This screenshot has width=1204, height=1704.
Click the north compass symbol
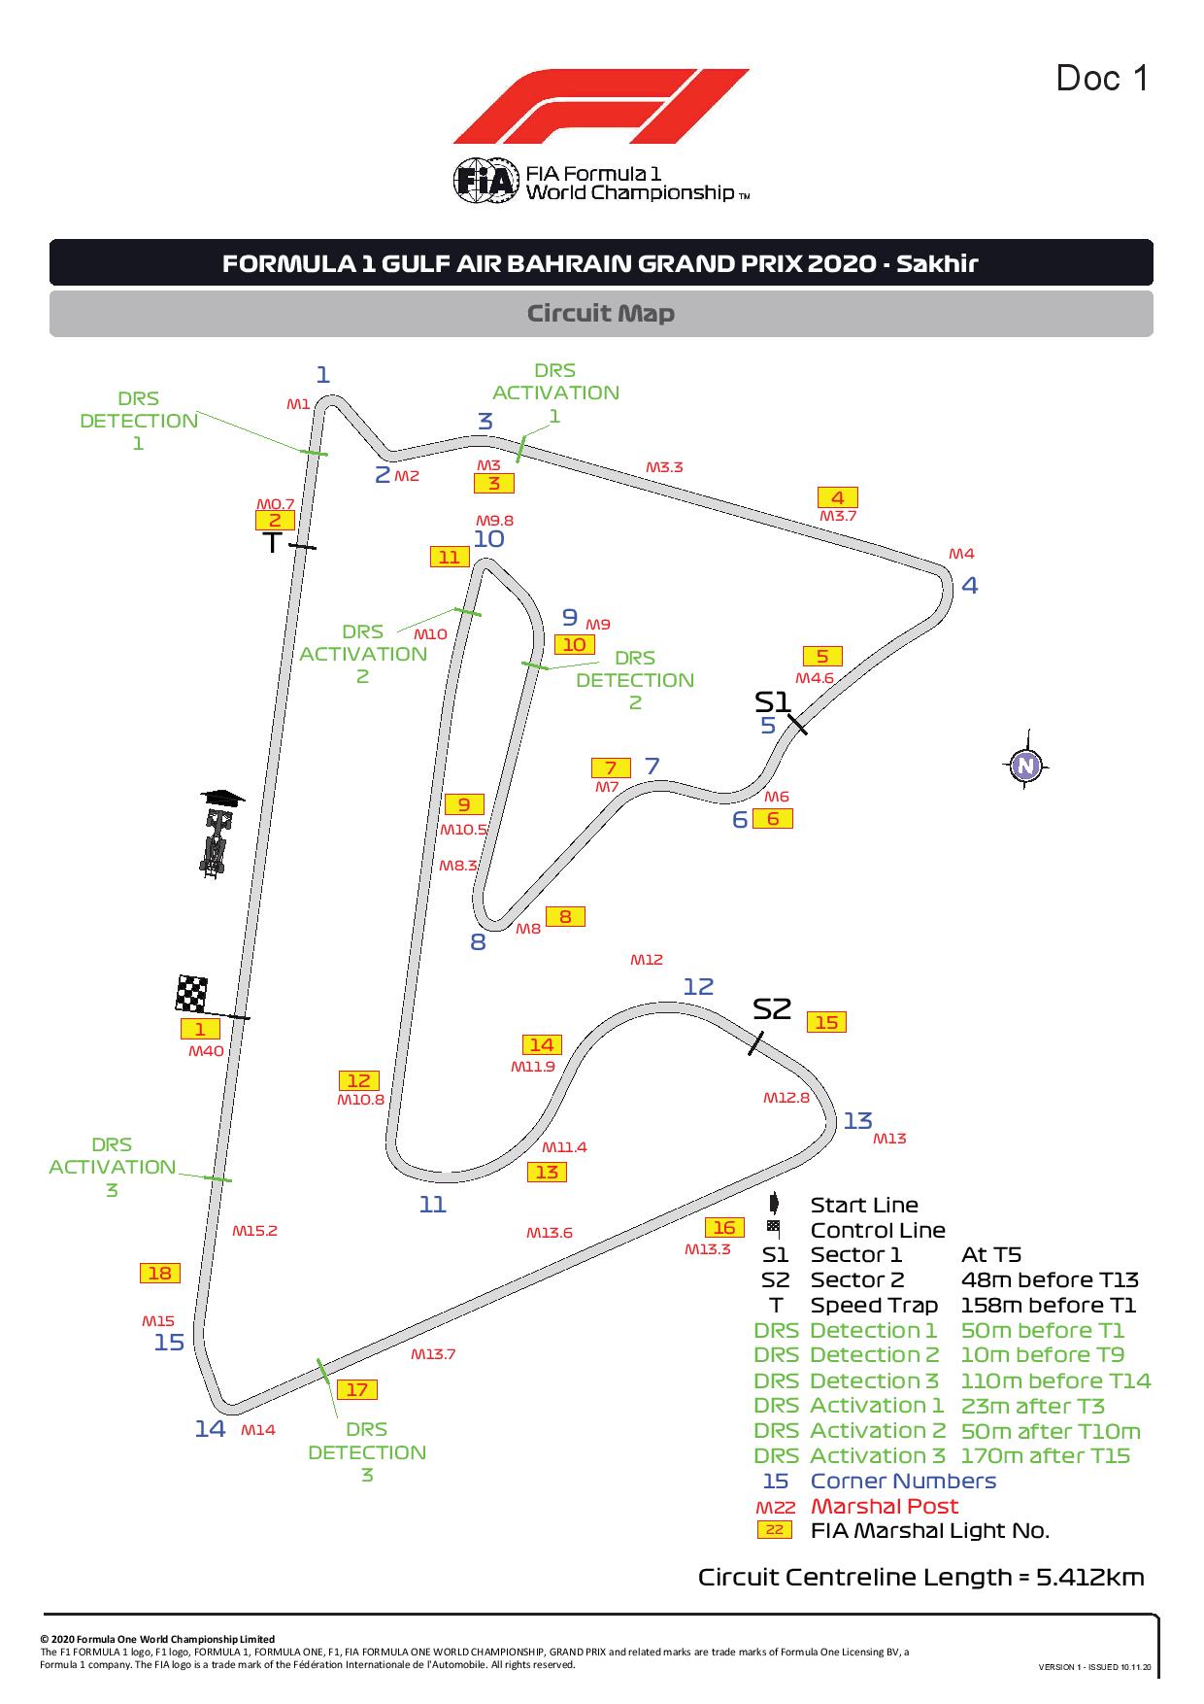1025,767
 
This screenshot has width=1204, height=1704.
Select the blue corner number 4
969,585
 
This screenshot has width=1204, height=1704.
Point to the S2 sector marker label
772,1009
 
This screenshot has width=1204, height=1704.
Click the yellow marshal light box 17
357,1390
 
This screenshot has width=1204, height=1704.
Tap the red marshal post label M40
206,1050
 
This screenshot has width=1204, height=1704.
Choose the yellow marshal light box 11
449,557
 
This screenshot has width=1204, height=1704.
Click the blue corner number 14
210,1428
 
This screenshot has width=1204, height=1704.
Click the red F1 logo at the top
601,106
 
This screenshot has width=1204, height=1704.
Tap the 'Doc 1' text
1102,78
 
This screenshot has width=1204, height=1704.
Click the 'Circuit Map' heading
601,314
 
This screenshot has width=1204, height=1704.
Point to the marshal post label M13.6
550,1233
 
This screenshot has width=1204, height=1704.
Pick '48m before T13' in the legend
1050,1279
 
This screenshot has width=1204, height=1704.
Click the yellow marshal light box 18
160,1274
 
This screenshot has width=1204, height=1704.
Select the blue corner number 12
698,987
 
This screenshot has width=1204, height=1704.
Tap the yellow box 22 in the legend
775,1530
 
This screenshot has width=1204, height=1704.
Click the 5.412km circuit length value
1090,1577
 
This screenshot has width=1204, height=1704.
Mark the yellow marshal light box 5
822,657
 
